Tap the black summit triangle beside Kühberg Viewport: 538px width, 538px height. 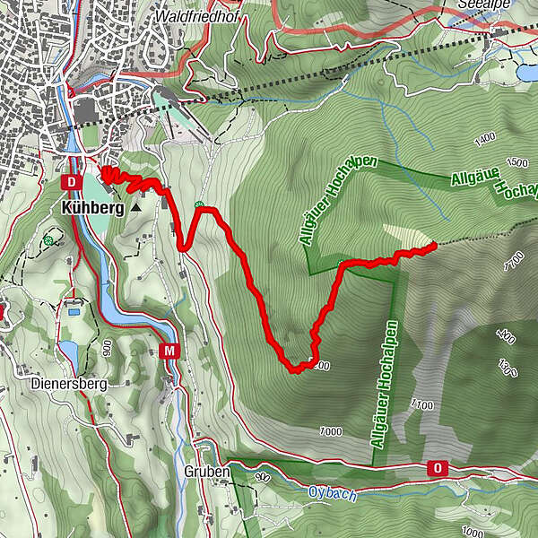[x=135, y=207]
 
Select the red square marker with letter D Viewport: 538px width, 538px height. [x=71, y=182]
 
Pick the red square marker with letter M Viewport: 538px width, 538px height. [x=169, y=351]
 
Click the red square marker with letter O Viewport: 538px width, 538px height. [x=438, y=468]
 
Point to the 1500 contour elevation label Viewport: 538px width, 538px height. [x=517, y=162]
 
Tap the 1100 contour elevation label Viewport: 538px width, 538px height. [x=423, y=404]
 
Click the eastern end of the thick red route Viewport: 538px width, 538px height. [x=435, y=243]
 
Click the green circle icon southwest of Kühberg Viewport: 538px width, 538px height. [x=48, y=239]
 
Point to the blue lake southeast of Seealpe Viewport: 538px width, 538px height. [x=526, y=73]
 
